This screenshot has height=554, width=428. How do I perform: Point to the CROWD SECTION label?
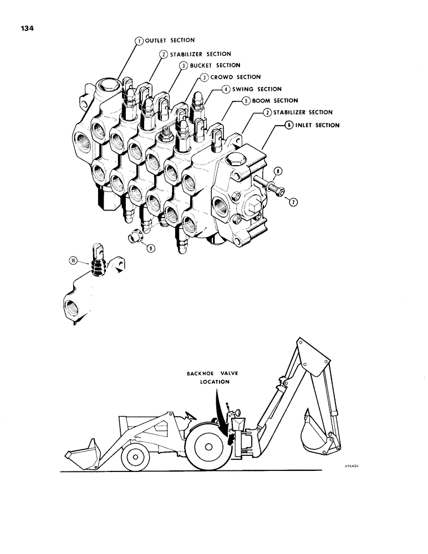pyautogui.click(x=235, y=77)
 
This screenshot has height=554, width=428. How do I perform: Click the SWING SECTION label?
pyautogui.click(x=256, y=89)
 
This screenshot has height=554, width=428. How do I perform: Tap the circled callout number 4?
pyautogui.click(x=226, y=89)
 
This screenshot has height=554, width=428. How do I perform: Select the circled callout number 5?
pyautogui.click(x=244, y=101)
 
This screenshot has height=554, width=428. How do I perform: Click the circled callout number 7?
pyautogui.click(x=293, y=202)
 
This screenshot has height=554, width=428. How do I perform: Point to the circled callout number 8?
pyautogui.click(x=277, y=171)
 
